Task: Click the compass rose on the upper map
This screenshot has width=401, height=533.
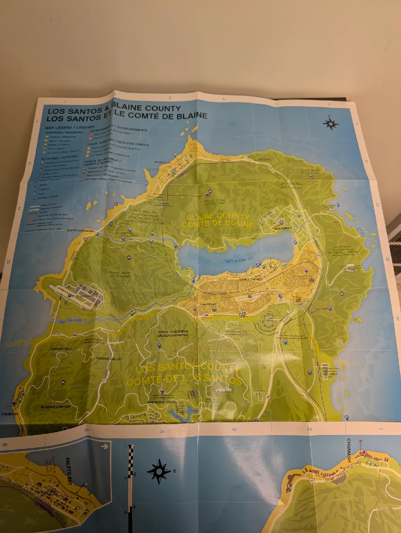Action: (x=331, y=124)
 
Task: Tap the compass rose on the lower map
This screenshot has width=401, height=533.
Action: (x=159, y=472)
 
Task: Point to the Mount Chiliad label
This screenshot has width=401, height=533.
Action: (x=215, y=202)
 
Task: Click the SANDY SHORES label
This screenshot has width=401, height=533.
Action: (x=250, y=279)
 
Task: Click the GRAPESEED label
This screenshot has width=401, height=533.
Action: (x=283, y=228)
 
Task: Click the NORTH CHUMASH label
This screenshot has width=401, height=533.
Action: (x=80, y=231)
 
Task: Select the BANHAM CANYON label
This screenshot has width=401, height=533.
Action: (x=55, y=407)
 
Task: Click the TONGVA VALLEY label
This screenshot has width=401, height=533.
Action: (x=108, y=359)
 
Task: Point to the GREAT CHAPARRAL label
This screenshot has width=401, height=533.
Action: (x=173, y=333)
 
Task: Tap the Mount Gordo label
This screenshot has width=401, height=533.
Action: (x=310, y=172)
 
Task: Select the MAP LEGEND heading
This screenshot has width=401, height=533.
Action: (x=65, y=128)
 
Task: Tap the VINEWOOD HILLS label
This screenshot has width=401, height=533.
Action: (x=161, y=402)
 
